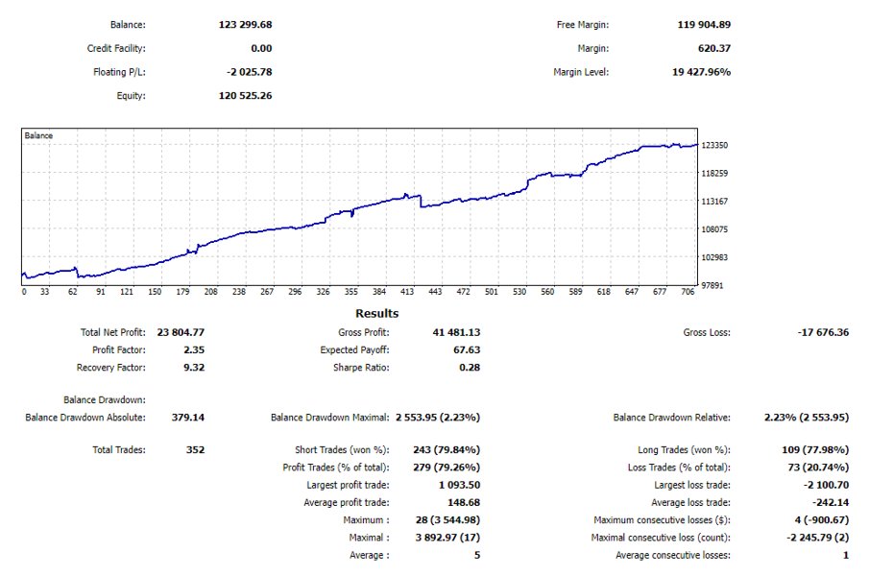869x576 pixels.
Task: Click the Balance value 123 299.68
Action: (246, 25)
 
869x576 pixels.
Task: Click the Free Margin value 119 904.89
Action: (703, 25)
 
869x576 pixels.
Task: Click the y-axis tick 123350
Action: (716, 145)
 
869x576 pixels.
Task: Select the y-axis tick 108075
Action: (716, 229)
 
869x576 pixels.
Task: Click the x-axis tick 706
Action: (687, 292)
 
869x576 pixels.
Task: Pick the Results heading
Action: (376, 313)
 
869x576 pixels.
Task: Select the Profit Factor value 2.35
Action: (194, 350)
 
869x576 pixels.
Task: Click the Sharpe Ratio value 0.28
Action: (470, 368)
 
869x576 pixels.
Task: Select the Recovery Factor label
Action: (110, 368)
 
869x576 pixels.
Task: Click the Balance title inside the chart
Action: (39, 136)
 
